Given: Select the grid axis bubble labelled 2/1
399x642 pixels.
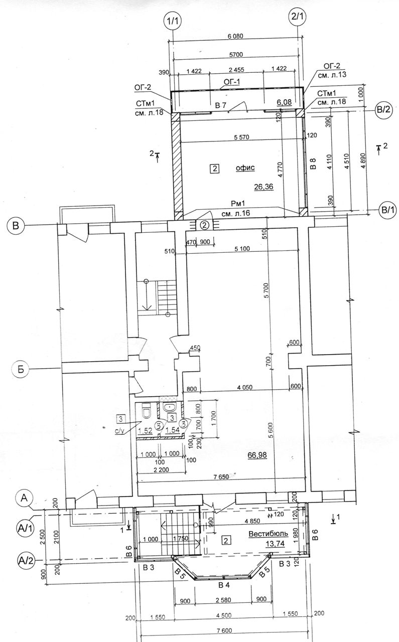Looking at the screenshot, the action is pyautogui.click(x=297, y=17).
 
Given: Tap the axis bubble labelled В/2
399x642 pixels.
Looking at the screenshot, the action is pyautogui.click(x=382, y=109).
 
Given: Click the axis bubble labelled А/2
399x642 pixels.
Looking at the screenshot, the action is pyautogui.click(x=26, y=559).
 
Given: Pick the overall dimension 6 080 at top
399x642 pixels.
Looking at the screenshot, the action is pyautogui.click(x=235, y=36).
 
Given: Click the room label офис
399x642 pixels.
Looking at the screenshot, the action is pyautogui.click(x=245, y=168).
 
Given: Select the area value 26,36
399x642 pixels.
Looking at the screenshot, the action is pyautogui.click(x=263, y=187).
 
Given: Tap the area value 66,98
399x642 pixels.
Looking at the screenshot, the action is pyautogui.click(x=257, y=455).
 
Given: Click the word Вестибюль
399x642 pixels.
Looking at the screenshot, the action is pyautogui.click(x=268, y=534).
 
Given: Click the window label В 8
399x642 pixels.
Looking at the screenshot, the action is pyautogui.click(x=314, y=164).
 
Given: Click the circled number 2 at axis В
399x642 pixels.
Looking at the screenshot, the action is pyautogui.click(x=205, y=225).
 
